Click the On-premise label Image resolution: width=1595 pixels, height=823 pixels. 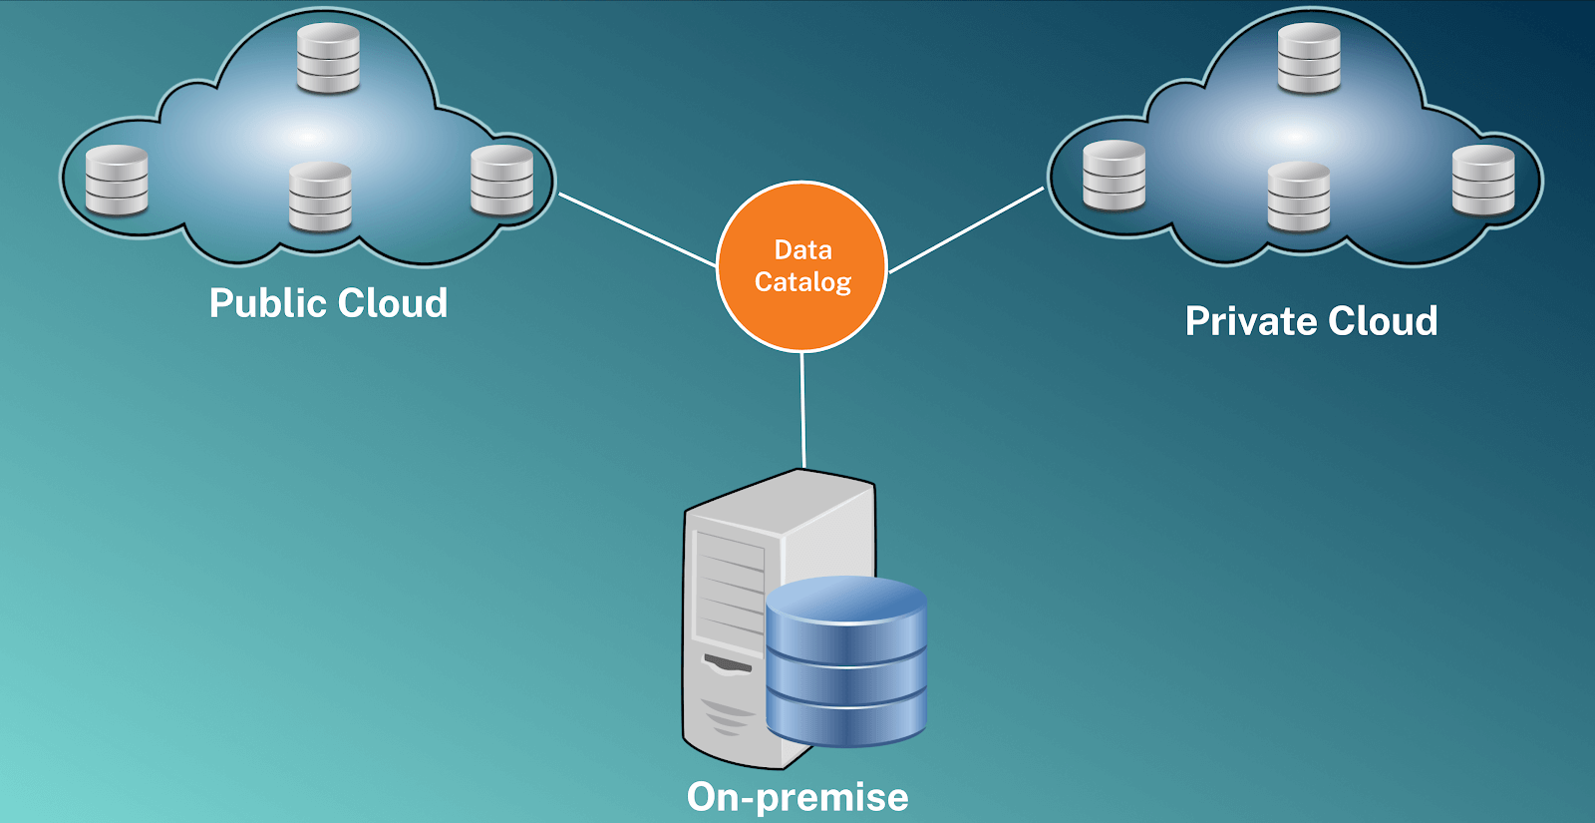coord(797,797)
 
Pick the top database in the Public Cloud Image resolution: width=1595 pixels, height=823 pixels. coord(328,58)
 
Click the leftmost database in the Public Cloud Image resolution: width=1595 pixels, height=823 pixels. coord(117,181)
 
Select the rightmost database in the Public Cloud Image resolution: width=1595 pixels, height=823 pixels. coord(501,180)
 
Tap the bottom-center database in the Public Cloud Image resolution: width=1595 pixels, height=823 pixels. coord(320,197)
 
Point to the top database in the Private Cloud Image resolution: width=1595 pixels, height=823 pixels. coord(1309,58)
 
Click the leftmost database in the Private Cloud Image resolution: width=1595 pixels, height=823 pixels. coord(1114,176)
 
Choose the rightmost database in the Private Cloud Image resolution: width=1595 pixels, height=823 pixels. coord(1483,180)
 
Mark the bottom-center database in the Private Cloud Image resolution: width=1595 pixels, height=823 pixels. coord(1298,197)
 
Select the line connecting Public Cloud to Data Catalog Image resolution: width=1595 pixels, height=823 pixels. coord(638,230)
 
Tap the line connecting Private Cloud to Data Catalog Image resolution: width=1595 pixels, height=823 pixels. coord(965,230)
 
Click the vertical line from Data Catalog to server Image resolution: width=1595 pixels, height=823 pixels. coord(802,409)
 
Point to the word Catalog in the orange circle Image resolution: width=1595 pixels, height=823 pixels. coord(802,282)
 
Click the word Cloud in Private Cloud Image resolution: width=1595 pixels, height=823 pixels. coord(1383,321)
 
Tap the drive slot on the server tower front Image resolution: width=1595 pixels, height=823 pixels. coord(729,663)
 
